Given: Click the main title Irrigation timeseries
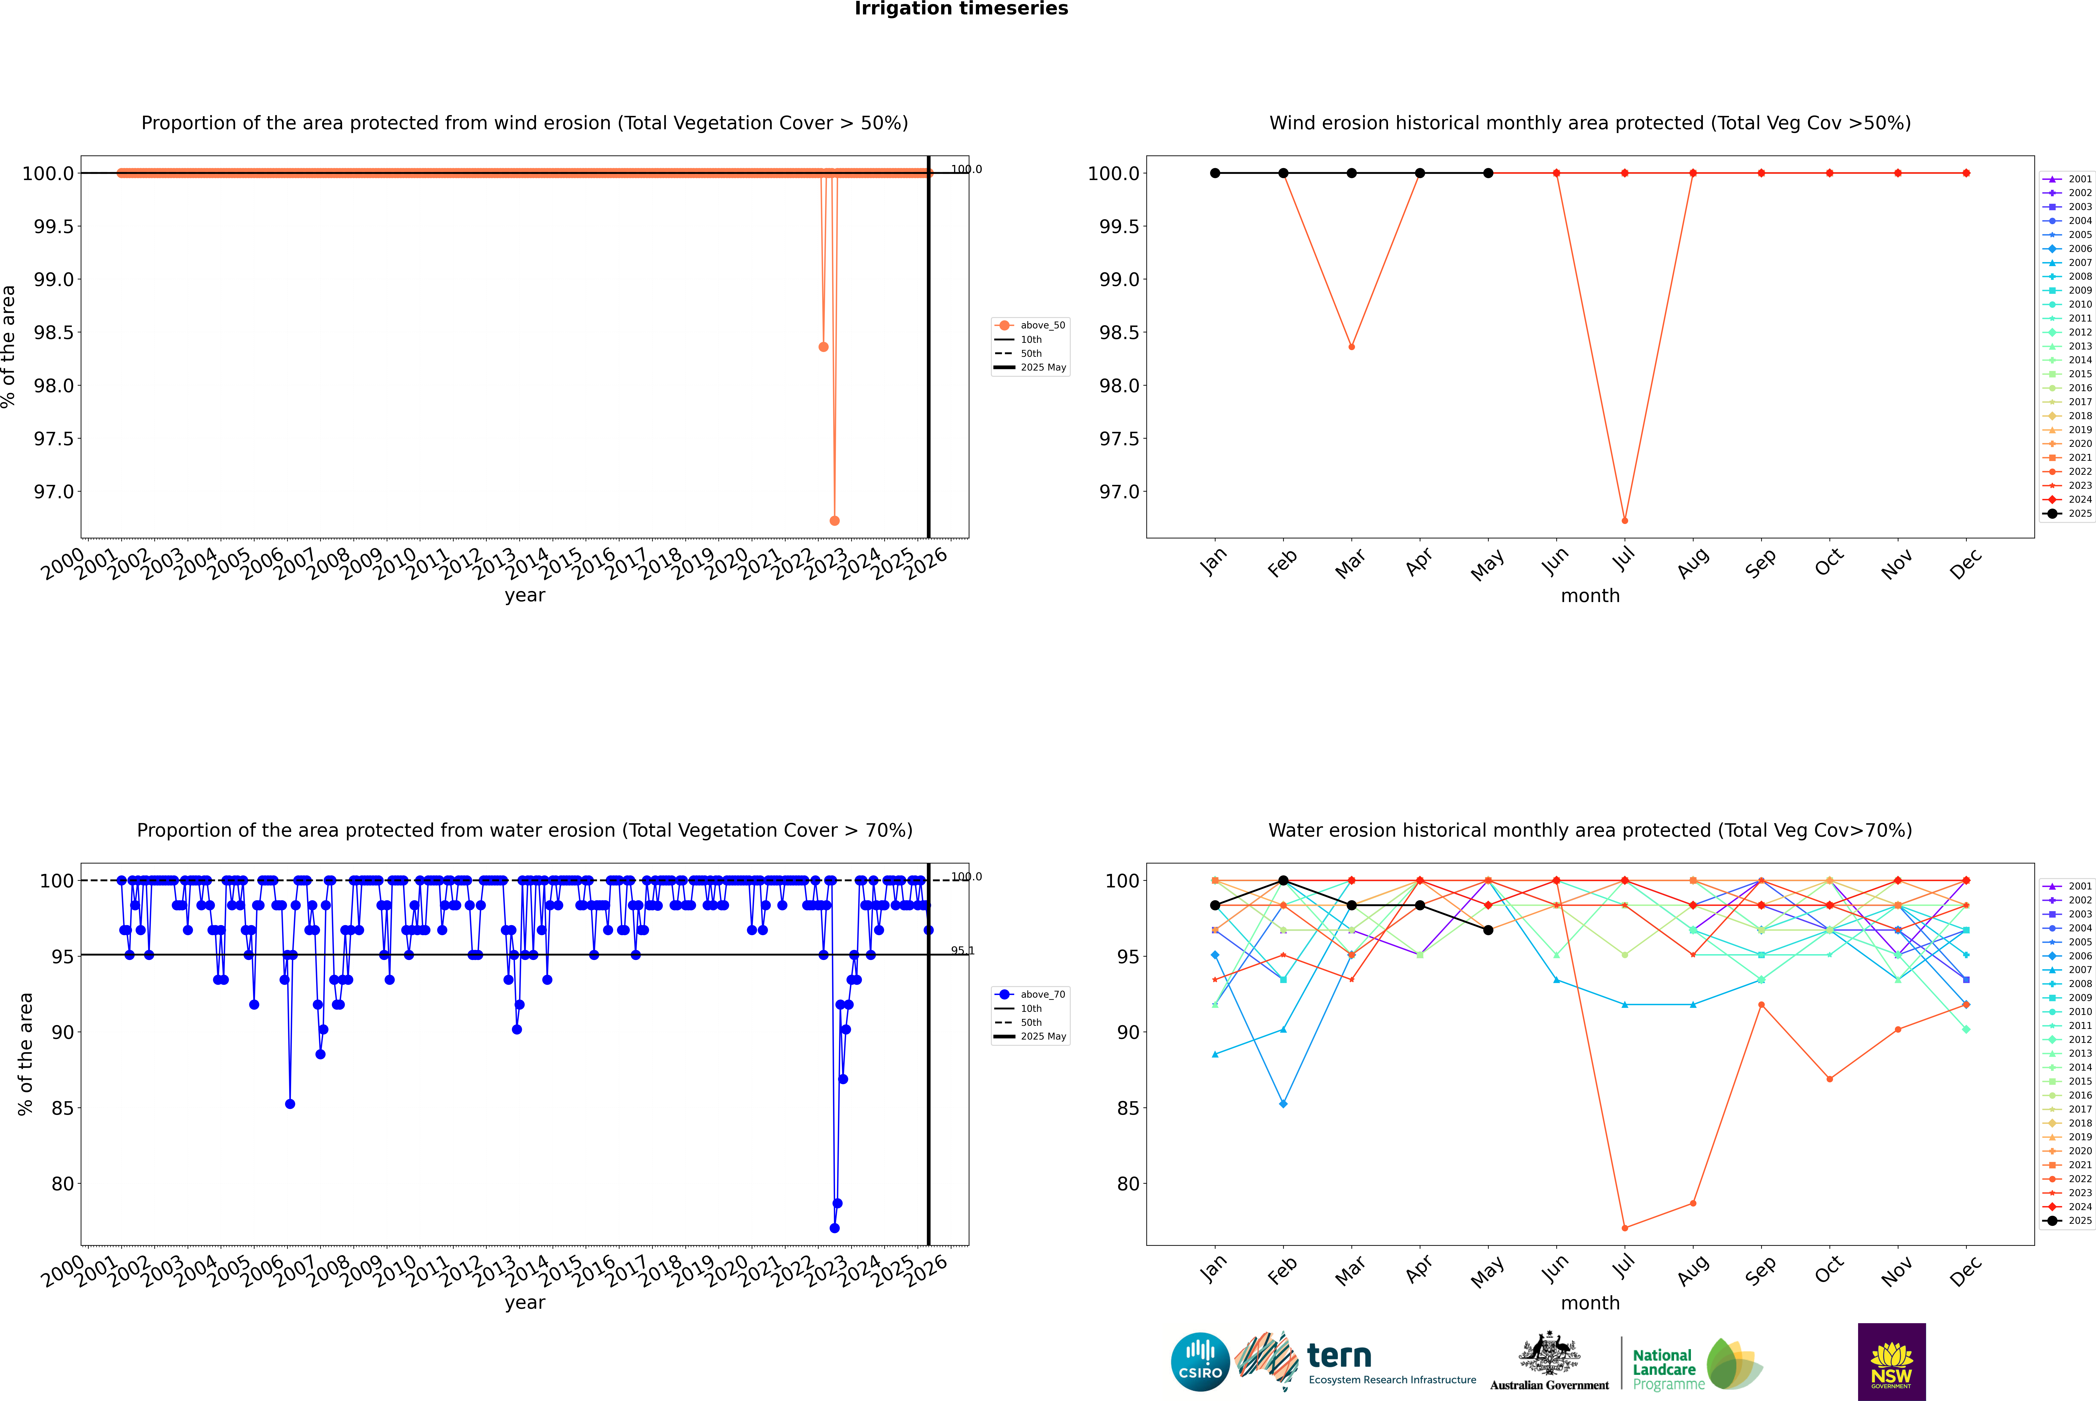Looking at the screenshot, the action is click(961, 9).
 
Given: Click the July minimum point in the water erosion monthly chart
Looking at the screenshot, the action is click(1624, 1228).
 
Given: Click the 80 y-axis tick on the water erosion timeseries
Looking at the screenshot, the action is click(63, 1184).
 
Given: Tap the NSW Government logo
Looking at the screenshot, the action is click(1891, 1362).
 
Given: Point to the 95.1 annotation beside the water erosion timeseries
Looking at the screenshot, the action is click(962, 951).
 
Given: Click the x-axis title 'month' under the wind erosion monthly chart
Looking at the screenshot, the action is click(1590, 596).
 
